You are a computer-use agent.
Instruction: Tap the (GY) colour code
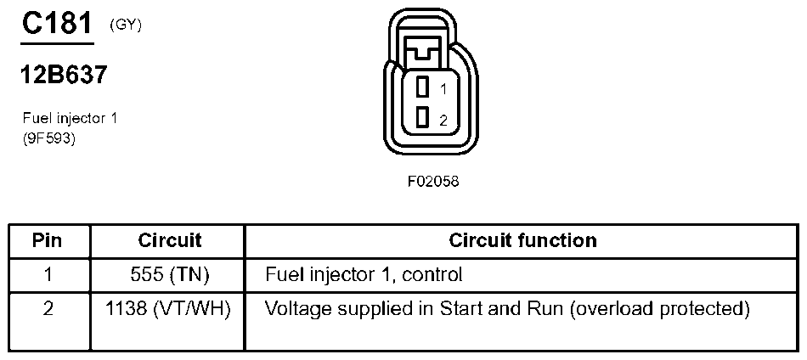pos(126,25)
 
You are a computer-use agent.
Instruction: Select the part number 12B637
pos(64,76)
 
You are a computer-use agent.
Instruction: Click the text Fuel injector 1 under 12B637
pos(70,119)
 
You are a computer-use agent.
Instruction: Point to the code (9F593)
pos(49,139)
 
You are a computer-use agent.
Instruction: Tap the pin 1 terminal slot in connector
pos(422,87)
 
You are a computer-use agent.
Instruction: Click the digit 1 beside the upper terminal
pos(443,88)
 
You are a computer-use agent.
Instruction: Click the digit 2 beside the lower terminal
pos(443,121)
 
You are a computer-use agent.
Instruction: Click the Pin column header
pos(48,240)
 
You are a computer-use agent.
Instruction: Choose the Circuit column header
pos(169,240)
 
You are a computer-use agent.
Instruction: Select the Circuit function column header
pos(522,240)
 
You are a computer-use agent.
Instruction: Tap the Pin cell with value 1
pos(48,275)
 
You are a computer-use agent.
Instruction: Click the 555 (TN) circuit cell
pos(169,275)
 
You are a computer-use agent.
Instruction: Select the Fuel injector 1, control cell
pos(364,275)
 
